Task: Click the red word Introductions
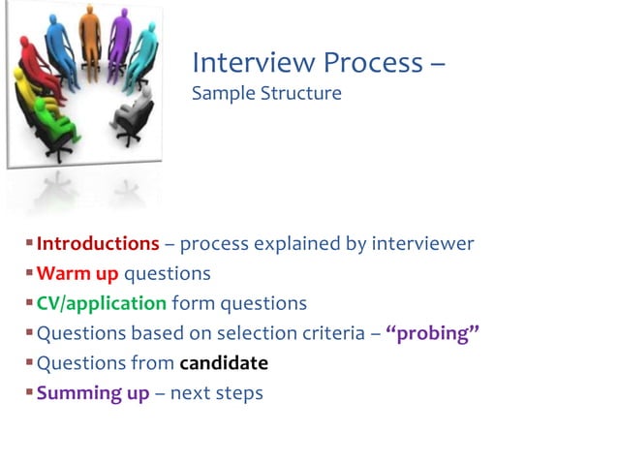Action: [x=98, y=244]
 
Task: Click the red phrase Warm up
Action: [x=77, y=274]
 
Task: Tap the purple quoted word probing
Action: [x=433, y=334]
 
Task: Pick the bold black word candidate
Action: [x=224, y=364]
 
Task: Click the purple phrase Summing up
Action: [x=93, y=394]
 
